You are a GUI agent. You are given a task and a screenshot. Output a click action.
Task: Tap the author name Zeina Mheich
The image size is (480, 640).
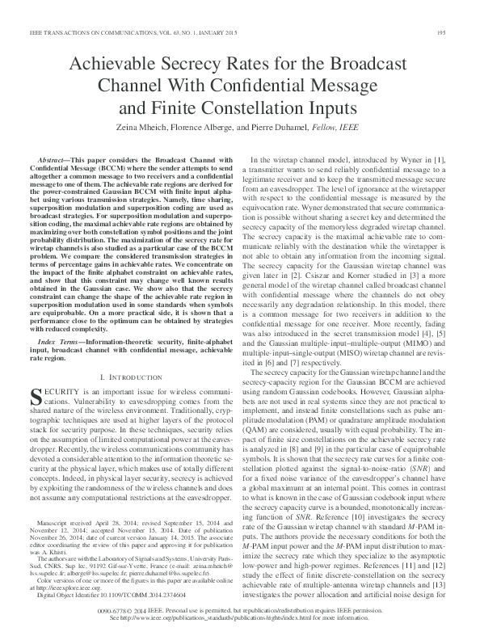click(x=170, y=128)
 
